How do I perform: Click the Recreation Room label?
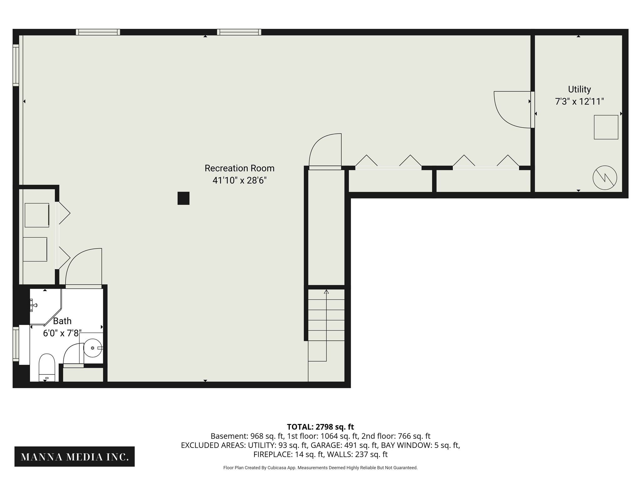point(239,168)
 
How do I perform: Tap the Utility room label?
point(579,90)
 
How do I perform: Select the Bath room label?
point(62,321)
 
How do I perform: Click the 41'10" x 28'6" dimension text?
point(239,180)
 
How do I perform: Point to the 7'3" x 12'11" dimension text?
point(579,101)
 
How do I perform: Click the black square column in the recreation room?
point(183,198)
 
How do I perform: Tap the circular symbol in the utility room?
point(605,178)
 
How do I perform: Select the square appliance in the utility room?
point(606,127)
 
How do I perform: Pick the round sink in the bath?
point(93,348)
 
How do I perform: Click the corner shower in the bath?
point(46,307)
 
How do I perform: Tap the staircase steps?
point(326,326)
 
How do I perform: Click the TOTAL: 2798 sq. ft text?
point(320,427)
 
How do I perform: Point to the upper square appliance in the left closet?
point(37,215)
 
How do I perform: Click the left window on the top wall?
point(98,32)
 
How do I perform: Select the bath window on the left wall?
point(16,344)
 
